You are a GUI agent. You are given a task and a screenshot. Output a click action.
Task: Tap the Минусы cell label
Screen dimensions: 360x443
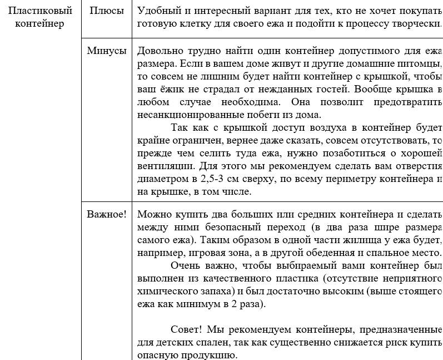(x=107, y=51)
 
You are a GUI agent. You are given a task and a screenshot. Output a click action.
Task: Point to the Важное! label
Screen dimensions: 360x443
(x=107, y=214)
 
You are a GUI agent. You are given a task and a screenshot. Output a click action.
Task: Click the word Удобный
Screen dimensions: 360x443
(x=157, y=11)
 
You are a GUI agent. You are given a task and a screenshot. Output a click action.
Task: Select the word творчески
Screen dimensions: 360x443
(x=417, y=24)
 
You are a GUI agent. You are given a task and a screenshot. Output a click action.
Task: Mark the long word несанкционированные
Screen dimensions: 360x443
(x=182, y=115)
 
